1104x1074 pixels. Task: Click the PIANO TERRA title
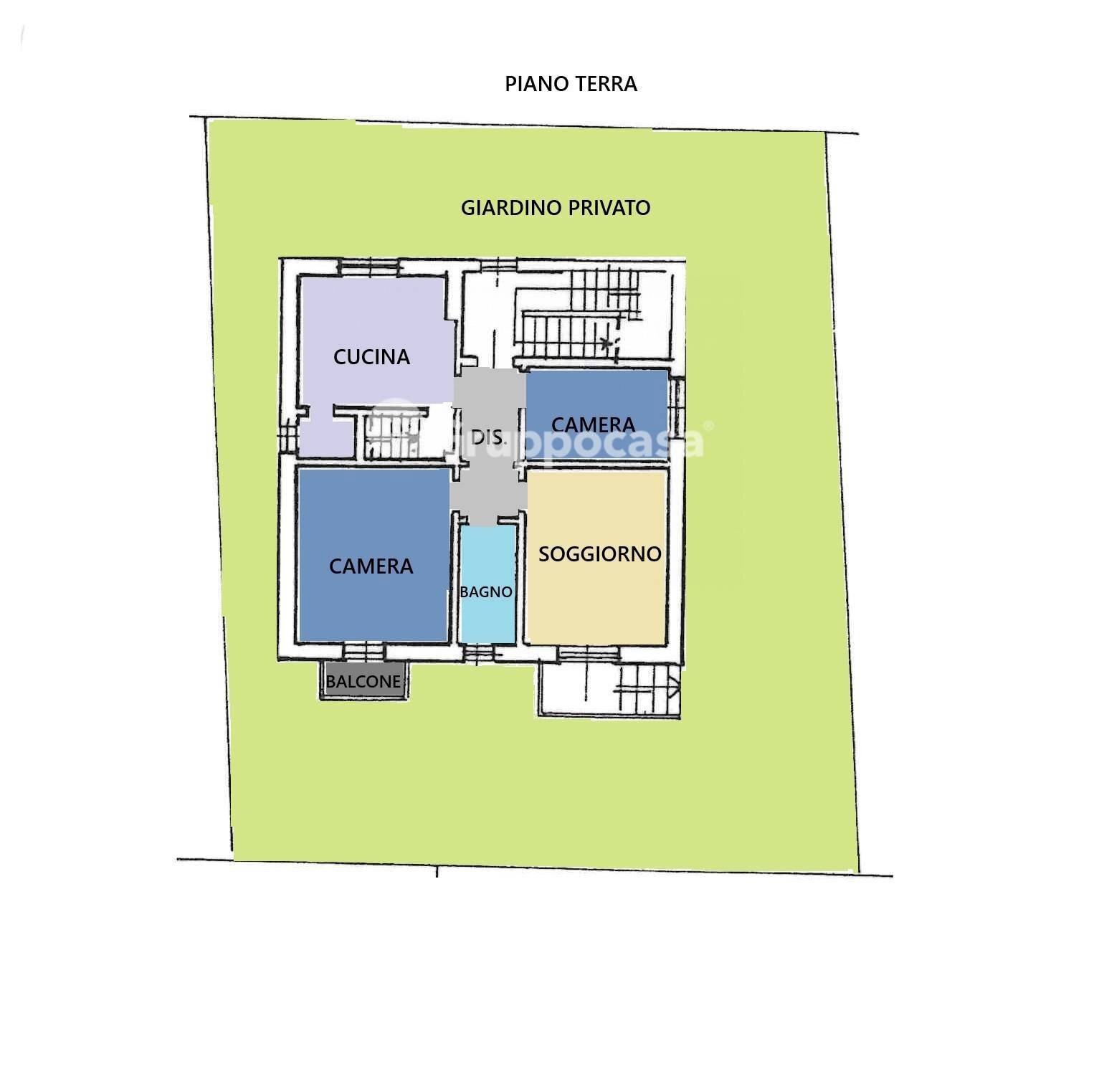pos(571,84)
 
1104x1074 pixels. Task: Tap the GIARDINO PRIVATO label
pos(555,208)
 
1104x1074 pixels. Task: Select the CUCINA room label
pos(371,357)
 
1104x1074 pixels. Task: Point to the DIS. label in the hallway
pos(487,437)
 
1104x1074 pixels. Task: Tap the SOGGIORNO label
pos(599,554)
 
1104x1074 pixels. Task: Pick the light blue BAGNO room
pos(487,559)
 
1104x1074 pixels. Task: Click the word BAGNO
pos(486,592)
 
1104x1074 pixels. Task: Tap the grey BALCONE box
pos(363,681)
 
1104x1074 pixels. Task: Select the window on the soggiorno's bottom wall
pos(588,652)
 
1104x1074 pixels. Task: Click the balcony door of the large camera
pos(363,652)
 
